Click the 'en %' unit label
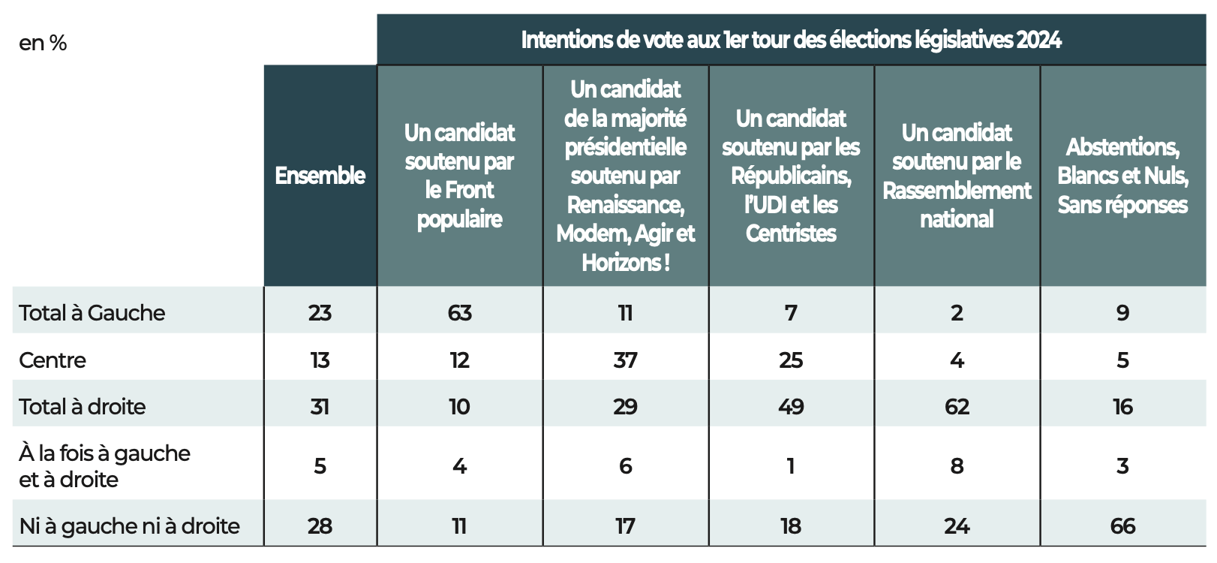point(43,44)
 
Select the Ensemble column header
point(320,176)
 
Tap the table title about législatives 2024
point(791,40)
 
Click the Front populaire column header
point(459,176)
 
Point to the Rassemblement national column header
point(957,176)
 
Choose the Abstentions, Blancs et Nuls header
point(1122,176)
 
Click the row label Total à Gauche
point(92,312)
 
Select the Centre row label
point(53,360)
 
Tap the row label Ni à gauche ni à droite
point(130,526)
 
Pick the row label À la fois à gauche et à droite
point(104,466)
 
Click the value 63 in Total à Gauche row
point(459,313)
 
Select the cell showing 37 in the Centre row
point(625,360)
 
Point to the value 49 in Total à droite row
point(791,407)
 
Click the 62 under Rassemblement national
point(957,407)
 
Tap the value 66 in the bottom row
point(1122,526)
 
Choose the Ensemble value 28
point(320,526)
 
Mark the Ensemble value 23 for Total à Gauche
point(320,313)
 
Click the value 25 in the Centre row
point(791,360)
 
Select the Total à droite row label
point(83,407)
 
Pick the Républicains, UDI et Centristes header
point(791,176)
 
